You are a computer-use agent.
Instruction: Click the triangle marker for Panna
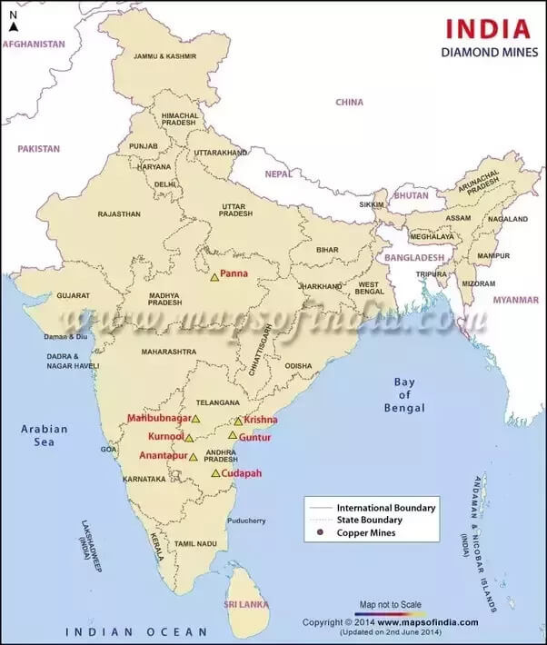pyautogui.click(x=215, y=277)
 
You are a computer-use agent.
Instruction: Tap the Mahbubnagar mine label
pyautogui.click(x=159, y=418)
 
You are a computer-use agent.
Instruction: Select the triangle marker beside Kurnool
pyautogui.click(x=189, y=438)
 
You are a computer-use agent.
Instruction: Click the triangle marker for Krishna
pyautogui.click(x=238, y=421)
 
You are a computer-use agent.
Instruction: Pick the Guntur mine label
pyautogui.click(x=254, y=437)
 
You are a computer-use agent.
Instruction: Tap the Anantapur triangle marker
pyautogui.click(x=194, y=456)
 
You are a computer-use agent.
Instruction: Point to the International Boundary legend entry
pyautogui.click(x=386, y=507)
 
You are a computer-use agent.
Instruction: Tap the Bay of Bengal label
pyautogui.click(x=404, y=395)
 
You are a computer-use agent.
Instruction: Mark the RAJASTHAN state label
pyautogui.click(x=120, y=214)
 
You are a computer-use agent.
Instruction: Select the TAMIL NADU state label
pyautogui.click(x=195, y=543)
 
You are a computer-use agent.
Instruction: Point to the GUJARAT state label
pyautogui.click(x=73, y=295)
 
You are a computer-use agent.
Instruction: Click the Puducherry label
pyautogui.click(x=246, y=521)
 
